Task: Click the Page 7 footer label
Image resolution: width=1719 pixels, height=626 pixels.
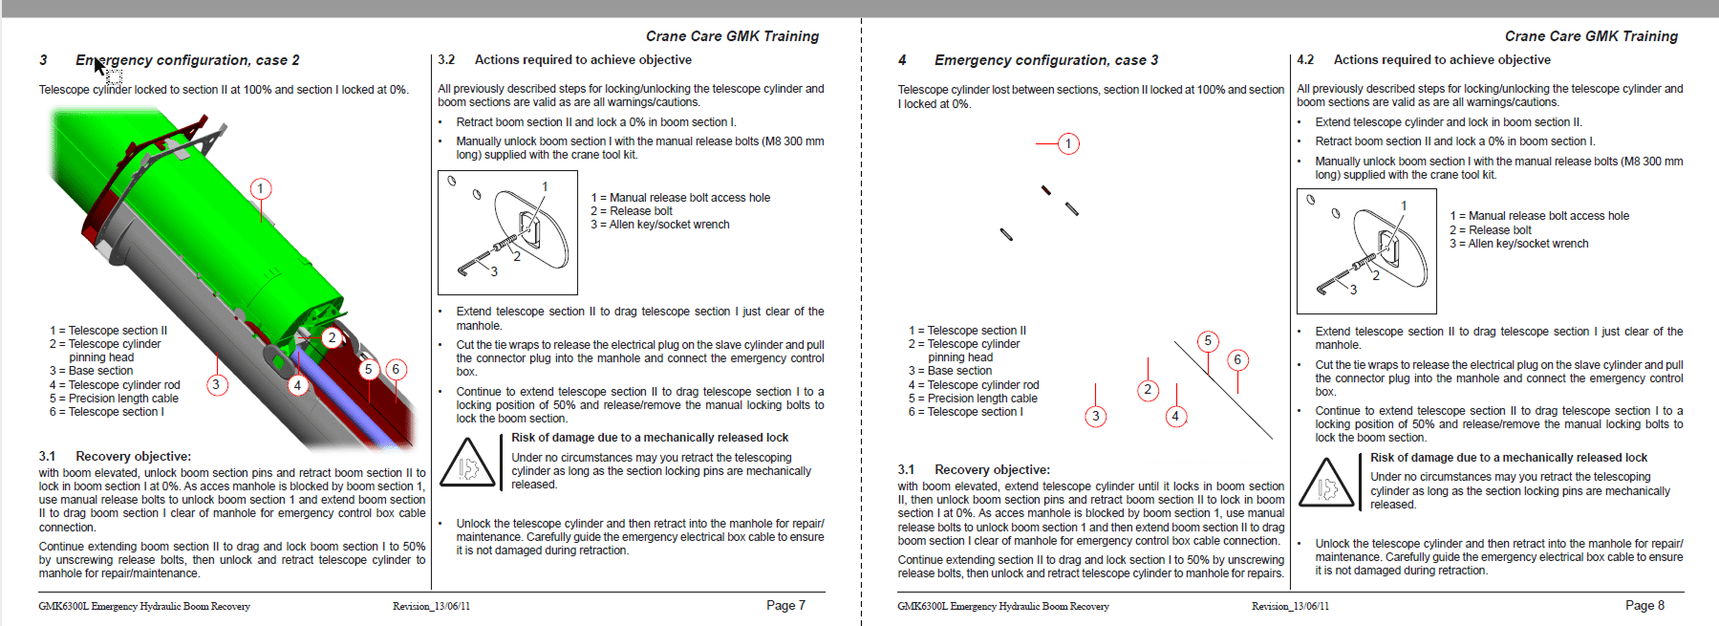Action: [x=785, y=605]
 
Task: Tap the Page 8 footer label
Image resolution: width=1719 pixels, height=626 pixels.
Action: [x=1644, y=605]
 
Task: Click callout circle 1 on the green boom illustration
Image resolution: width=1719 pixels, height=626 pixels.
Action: [x=260, y=188]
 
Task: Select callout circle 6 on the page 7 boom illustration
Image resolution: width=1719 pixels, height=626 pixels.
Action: [x=396, y=369]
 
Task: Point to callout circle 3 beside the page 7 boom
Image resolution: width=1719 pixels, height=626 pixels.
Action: [x=217, y=385]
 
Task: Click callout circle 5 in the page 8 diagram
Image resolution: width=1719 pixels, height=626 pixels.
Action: [x=1208, y=341]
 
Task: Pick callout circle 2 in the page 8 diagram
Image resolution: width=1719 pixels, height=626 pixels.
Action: [x=1148, y=390]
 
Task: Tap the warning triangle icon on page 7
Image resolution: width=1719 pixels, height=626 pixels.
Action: [x=466, y=464]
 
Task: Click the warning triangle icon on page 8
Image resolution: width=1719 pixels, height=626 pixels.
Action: [x=1325, y=484]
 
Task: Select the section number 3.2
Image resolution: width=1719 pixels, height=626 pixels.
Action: [x=446, y=59]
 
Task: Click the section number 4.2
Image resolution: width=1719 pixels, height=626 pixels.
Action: [x=1305, y=59]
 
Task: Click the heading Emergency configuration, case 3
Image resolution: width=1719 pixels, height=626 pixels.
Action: [x=1045, y=60]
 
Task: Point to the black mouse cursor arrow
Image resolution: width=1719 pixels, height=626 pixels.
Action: [x=98, y=65]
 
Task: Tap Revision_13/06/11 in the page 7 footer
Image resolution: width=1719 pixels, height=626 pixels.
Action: [x=431, y=606]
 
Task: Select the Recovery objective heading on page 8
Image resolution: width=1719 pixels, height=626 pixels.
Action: [x=991, y=469]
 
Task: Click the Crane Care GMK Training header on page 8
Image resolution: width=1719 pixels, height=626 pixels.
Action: [x=1591, y=36]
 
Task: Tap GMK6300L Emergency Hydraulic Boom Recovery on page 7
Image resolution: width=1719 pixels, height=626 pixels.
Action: [x=144, y=606]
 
